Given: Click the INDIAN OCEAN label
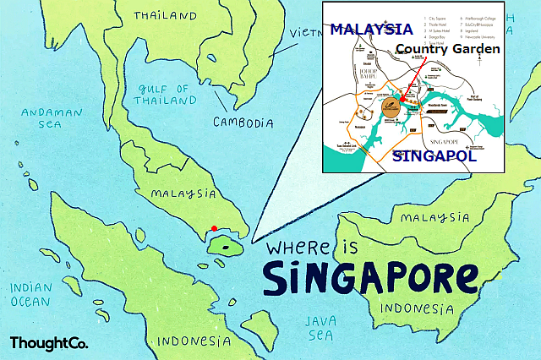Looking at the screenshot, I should [x=31, y=295].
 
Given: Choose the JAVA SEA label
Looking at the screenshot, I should [x=321, y=328].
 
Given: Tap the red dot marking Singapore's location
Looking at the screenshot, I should [x=214, y=227].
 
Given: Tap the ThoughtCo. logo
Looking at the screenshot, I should [x=49, y=343].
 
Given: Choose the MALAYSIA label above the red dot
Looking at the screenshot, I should [x=183, y=194].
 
